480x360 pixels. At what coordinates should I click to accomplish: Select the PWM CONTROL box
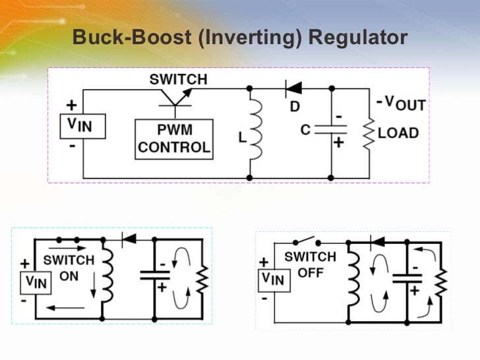pos(174,138)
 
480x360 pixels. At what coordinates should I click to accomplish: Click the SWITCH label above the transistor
pos(178,80)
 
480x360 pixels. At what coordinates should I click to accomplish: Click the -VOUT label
pos(401,103)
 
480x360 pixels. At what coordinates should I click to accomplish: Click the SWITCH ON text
pos(69,268)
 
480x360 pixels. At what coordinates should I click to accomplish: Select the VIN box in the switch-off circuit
pos(274,280)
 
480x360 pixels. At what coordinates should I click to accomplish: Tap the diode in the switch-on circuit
pos(129,239)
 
